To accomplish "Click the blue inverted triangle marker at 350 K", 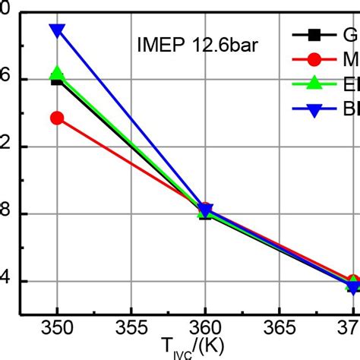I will pyautogui.click(x=57, y=31).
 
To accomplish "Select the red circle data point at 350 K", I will pyautogui.click(x=57, y=118).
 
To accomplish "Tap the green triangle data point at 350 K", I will pyautogui.click(x=57, y=74).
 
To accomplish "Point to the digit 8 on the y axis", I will pyautogui.click(x=5, y=213).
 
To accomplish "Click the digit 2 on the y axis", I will pyautogui.click(x=5, y=146).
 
